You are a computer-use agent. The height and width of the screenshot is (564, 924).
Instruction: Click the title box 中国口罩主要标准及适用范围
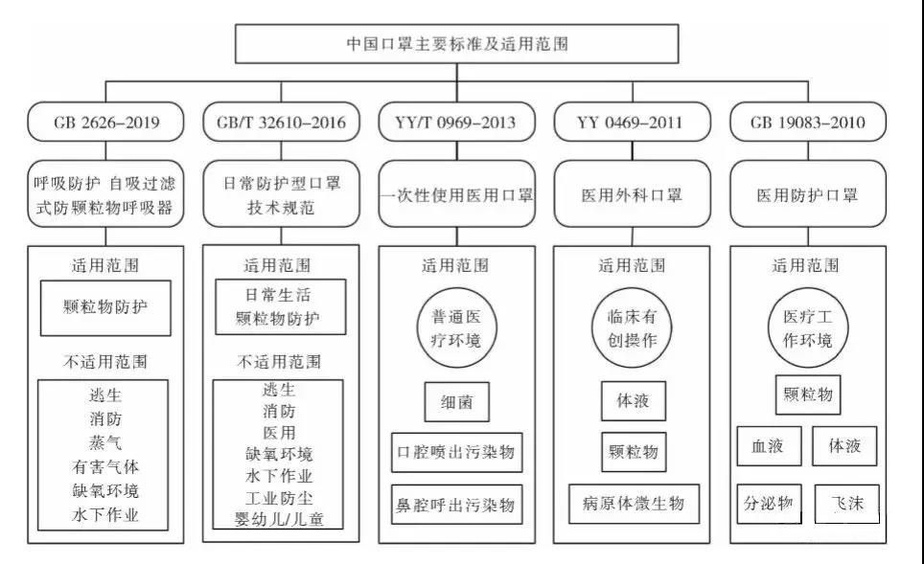coord(461,43)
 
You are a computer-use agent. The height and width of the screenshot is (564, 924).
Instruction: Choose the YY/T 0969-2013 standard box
coord(457,122)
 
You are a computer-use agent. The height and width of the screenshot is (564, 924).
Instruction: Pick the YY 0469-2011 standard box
coord(632,122)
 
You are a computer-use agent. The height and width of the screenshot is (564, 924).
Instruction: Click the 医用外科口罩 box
coord(632,194)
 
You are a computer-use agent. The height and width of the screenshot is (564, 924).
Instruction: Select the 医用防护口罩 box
coord(808,194)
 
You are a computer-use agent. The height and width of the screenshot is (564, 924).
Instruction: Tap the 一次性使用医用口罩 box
coord(457,194)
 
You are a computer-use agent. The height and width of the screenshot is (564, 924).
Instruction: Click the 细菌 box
coord(456,401)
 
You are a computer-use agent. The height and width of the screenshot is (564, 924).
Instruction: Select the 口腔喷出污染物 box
coord(456,451)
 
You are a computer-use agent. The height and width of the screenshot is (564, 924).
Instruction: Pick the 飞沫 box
coord(848,503)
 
